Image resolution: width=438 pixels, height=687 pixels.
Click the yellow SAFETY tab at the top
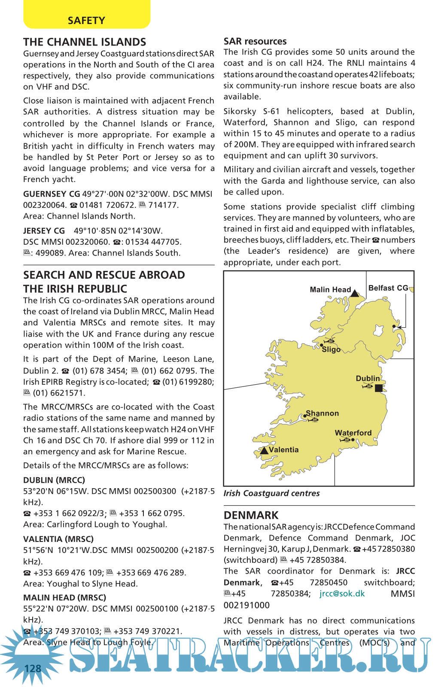coord(86,20)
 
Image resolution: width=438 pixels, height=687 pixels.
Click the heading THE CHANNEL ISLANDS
coord(85,42)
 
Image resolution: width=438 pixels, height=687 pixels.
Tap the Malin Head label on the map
coord(330,290)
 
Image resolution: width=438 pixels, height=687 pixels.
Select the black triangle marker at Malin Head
coord(355,293)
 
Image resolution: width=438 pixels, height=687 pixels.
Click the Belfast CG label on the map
coord(388,288)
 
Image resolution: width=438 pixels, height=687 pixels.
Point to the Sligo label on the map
coord(331,350)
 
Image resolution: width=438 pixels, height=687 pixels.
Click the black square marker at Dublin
coord(378,388)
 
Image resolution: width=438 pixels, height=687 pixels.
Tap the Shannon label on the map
coord(322,413)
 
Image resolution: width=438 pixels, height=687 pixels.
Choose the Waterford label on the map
coord(353,433)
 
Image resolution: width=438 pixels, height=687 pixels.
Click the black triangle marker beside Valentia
coord(264,450)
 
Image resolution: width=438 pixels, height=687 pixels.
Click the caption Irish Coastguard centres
coord(271,493)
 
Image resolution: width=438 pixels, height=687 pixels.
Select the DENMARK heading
coord(251,515)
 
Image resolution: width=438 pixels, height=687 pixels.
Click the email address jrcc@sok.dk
coord(342,594)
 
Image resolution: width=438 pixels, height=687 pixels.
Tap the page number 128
coord(33,669)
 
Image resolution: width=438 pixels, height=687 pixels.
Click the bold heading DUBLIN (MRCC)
coord(54,480)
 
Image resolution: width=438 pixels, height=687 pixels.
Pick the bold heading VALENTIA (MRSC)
coord(58,539)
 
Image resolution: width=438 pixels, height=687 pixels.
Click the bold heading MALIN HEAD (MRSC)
coord(64,598)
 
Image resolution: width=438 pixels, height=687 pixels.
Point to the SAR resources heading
coord(255,41)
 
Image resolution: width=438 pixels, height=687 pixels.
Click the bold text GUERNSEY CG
coord(52,194)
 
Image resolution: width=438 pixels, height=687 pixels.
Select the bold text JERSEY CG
coord(44,231)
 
